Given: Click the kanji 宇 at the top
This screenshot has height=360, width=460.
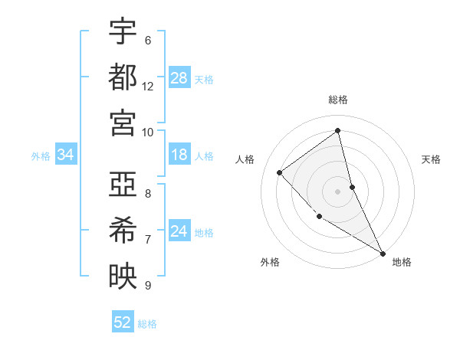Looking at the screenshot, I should click(123, 32).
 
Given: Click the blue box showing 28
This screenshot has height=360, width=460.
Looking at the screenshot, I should click(179, 77).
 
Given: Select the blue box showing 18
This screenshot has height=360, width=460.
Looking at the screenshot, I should click(179, 155).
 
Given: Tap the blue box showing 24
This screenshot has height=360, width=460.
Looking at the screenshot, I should click(179, 231).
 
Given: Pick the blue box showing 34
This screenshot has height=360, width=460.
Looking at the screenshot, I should click(66, 155).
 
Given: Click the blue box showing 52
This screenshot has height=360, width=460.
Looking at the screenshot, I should click(123, 322).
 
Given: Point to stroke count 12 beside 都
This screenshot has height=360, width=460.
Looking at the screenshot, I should click(148, 87).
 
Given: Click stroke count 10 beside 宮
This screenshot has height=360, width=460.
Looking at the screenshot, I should click(148, 132).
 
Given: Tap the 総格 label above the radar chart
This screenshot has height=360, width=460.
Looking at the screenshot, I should click(338, 100).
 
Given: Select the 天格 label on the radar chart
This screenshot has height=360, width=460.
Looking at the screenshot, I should click(432, 159).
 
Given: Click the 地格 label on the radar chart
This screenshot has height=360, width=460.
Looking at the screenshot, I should click(402, 262).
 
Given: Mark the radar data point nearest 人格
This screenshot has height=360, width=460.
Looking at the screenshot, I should click(280, 172).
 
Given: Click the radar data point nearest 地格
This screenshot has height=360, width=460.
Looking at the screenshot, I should click(383, 253).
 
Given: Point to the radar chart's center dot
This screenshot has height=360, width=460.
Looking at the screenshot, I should click(338, 191).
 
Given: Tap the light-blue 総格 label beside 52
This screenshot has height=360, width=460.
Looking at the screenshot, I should click(147, 323).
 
